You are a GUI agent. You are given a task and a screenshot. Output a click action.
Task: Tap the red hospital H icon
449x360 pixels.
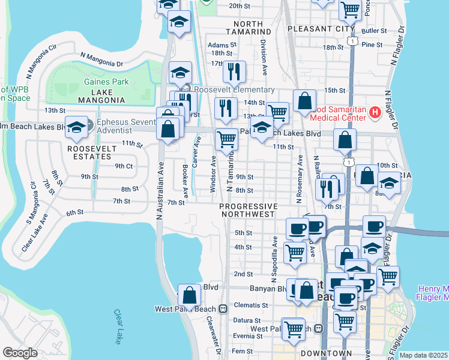[x=375, y=112]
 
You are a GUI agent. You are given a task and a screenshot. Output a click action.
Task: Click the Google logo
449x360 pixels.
[x=20, y=353]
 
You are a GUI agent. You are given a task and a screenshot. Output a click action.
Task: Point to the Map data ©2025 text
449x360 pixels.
[x=423, y=355]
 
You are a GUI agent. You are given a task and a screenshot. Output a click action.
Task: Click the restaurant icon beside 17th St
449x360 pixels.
[x=234, y=71]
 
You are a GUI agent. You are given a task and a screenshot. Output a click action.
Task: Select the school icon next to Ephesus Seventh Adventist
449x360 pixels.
[x=76, y=127]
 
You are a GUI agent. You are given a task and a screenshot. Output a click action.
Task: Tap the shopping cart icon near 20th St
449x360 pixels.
[x=349, y=8]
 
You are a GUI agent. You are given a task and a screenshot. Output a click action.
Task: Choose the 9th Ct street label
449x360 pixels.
[x=124, y=166]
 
